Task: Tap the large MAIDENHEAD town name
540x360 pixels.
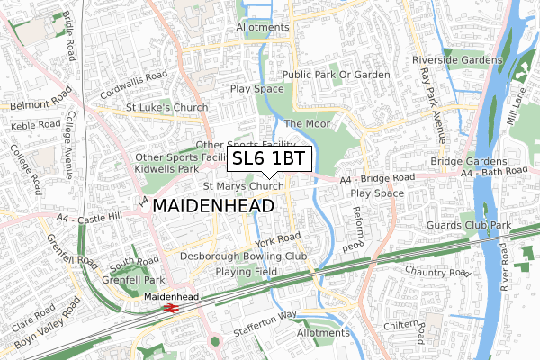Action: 214,206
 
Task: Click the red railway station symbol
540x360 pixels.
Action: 171,307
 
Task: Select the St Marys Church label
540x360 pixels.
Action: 243,187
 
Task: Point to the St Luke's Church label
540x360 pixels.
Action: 166,108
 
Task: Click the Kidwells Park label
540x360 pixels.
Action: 166,168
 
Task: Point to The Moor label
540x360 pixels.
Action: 307,123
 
